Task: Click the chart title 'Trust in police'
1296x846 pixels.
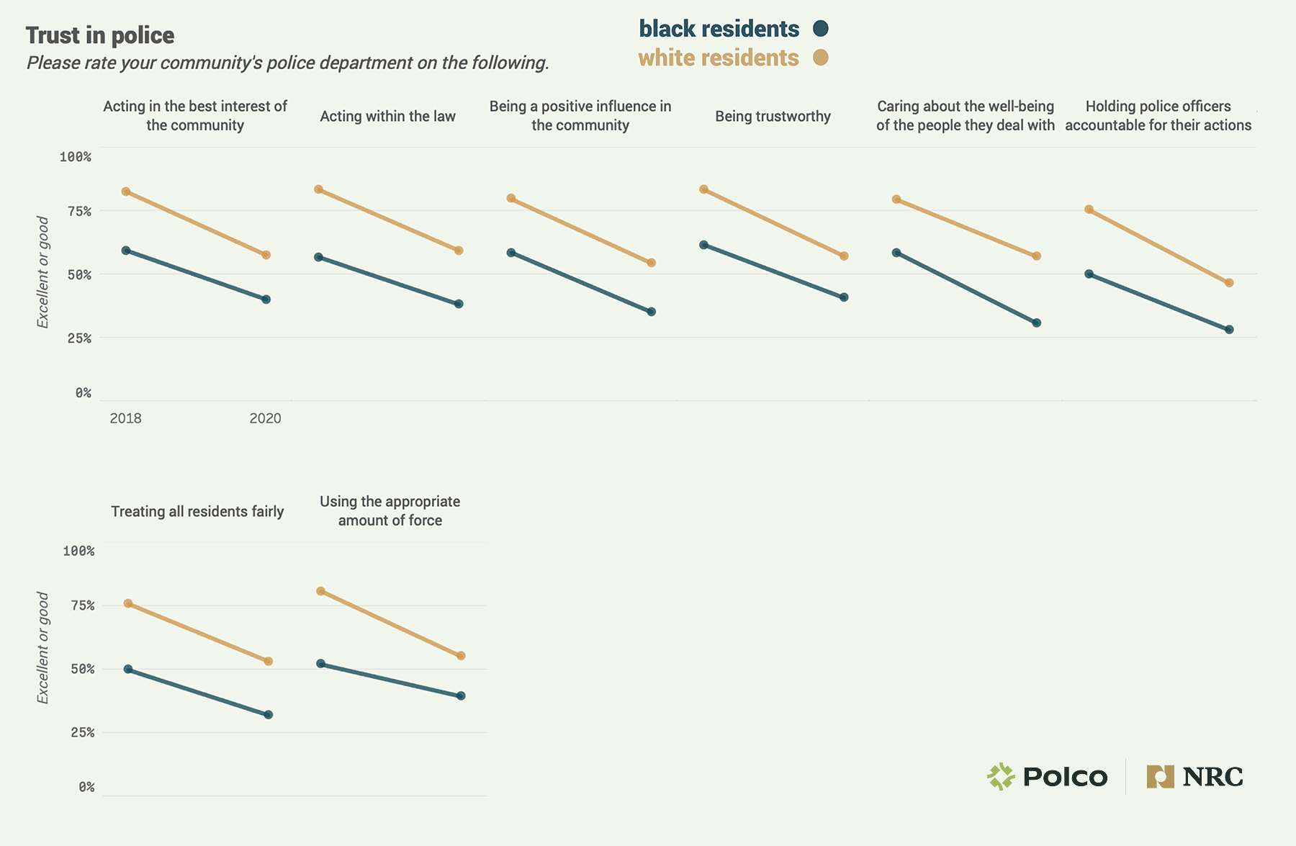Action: (100, 35)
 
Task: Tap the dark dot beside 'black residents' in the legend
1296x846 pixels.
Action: (820, 29)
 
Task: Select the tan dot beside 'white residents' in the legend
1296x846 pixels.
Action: (820, 58)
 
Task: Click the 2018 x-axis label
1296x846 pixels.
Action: (125, 418)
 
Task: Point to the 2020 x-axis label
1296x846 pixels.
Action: (265, 418)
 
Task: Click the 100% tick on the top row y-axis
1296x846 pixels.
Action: (76, 157)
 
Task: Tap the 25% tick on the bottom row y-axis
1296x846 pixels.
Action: (82, 732)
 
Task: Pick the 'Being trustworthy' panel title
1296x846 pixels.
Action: (773, 116)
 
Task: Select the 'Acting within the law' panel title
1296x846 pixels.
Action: (387, 116)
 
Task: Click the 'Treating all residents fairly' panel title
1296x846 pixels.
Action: (197, 511)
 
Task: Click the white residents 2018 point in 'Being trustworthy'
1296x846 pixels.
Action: (703, 189)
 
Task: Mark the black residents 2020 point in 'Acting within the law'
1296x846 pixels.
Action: (459, 304)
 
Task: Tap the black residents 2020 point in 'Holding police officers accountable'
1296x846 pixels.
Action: (1229, 330)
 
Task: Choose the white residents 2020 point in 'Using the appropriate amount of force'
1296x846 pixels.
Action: (461, 656)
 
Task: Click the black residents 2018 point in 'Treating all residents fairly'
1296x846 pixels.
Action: (128, 669)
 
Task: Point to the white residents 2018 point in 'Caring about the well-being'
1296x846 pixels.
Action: (896, 199)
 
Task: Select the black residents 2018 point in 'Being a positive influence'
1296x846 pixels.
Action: (511, 253)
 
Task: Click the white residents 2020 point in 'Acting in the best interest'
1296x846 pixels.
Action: (266, 255)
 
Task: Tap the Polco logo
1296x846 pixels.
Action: (1047, 777)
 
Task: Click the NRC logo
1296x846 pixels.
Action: (1194, 777)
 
